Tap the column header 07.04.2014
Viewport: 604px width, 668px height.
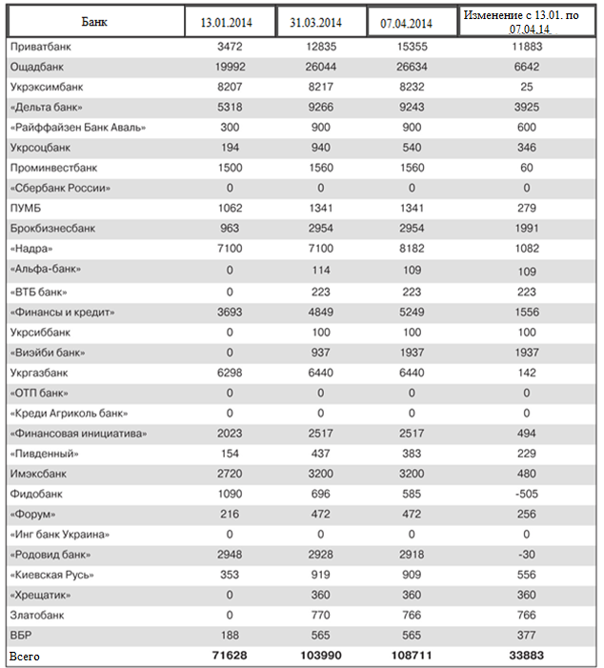[x=411, y=23]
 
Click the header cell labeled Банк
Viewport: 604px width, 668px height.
[x=94, y=21]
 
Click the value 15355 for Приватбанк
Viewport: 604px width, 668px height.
[x=411, y=47]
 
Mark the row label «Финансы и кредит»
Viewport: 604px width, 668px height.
[x=61, y=311]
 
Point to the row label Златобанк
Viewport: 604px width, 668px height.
[x=37, y=616]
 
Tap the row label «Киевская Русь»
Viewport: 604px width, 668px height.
[x=52, y=575]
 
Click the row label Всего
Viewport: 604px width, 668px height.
[x=25, y=657]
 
